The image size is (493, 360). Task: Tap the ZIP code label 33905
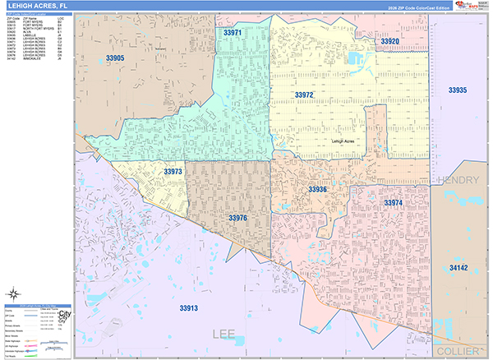pyautogui.click(x=115, y=58)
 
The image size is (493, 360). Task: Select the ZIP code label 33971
pyautogui.click(x=233, y=33)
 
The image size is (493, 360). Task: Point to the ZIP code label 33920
pyautogui.click(x=389, y=41)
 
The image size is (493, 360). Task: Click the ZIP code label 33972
pyautogui.click(x=304, y=95)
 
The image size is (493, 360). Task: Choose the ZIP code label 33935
pyautogui.click(x=458, y=90)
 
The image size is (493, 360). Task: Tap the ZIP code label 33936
pyautogui.click(x=318, y=190)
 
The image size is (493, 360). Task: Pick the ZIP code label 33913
pyautogui.click(x=188, y=307)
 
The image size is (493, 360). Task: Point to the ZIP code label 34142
pyautogui.click(x=458, y=268)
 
